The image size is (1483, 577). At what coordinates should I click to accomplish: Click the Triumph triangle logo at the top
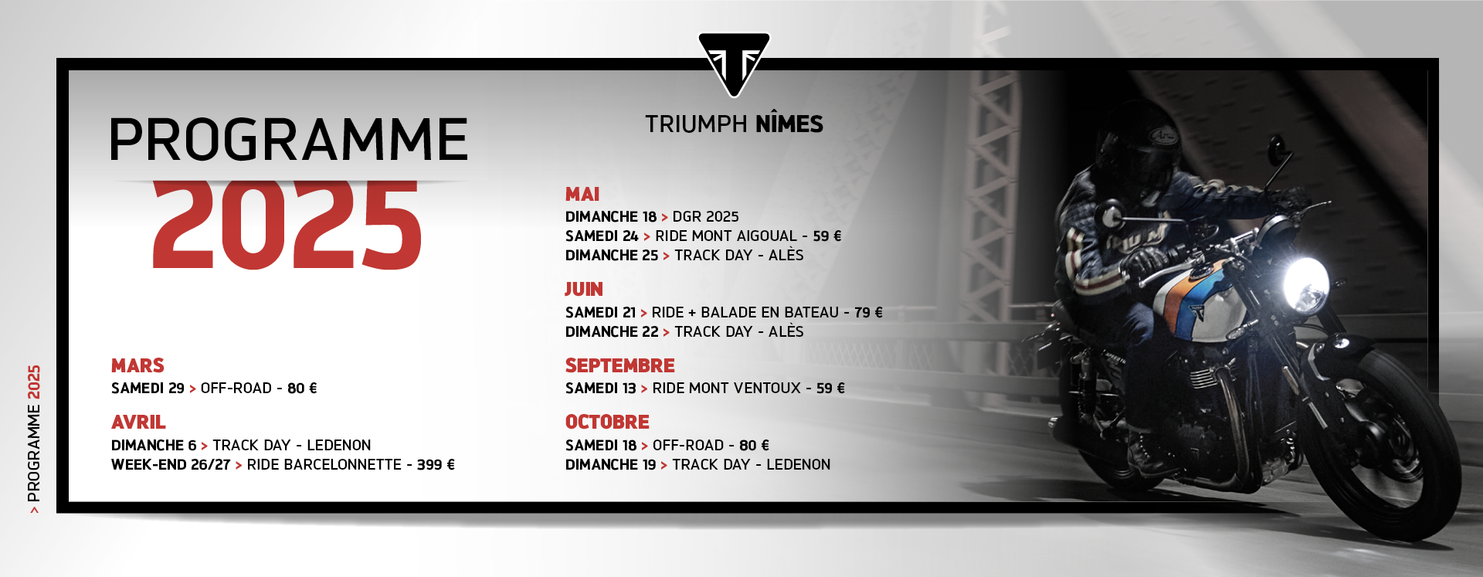coord(734,63)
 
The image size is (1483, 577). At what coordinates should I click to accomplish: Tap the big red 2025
coord(287,225)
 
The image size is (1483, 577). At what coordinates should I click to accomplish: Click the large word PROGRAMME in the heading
coord(289,140)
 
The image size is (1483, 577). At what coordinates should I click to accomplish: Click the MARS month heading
coord(137,365)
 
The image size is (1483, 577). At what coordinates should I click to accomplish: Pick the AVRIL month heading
coord(138,423)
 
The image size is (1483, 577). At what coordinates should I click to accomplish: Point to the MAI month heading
coord(582,195)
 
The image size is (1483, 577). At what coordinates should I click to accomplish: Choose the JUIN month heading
coord(584,290)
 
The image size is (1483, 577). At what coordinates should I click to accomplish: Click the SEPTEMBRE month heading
coord(620,365)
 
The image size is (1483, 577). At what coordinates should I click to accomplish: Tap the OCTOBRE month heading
coord(607,423)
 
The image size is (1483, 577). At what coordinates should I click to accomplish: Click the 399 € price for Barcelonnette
coord(436,465)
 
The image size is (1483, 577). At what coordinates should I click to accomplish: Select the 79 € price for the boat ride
coord(868,313)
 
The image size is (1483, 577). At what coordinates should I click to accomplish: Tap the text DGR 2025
coord(705,217)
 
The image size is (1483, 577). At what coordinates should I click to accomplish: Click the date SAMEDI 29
coord(148,389)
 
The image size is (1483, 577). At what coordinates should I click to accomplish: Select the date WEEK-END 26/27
coord(171,465)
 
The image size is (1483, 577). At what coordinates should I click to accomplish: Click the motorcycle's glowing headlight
coord(1305,284)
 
